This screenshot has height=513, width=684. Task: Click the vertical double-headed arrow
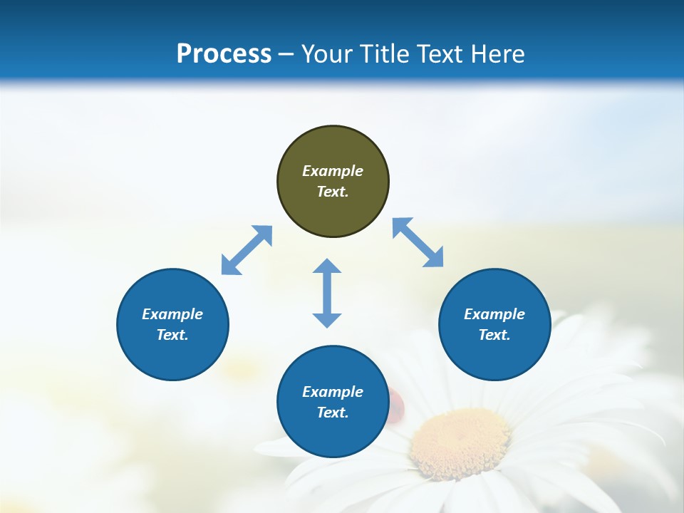(x=327, y=293)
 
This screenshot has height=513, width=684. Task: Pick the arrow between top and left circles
(x=247, y=250)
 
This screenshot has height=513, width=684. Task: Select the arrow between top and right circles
(x=418, y=242)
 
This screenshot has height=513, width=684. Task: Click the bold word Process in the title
(x=224, y=53)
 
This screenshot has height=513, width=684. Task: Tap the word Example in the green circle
(x=333, y=171)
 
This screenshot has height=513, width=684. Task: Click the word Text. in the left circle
(x=172, y=335)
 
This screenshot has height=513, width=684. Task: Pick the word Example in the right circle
(x=494, y=314)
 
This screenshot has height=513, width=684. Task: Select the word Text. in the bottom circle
(x=333, y=413)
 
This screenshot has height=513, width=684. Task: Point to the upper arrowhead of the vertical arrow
(x=327, y=267)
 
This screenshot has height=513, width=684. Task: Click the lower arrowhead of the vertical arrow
(x=327, y=319)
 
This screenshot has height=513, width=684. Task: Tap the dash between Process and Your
(x=286, y=54)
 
